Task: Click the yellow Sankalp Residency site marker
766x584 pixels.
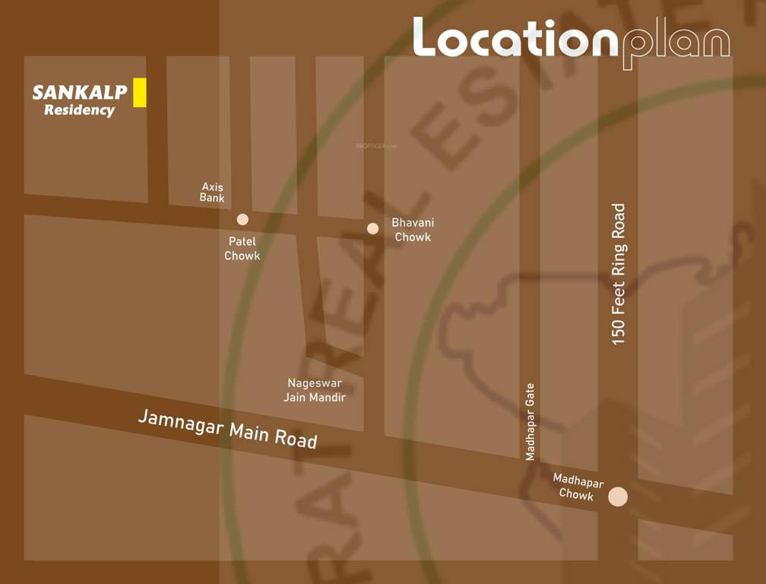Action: tap(139, 92)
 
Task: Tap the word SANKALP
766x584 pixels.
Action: tap(79, 94)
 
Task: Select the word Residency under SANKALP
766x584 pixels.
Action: tap(79, 110)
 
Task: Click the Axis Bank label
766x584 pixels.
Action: tap(212, 192)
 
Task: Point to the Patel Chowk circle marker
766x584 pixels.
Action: tap(242, 220)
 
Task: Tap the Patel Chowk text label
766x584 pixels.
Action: tap(242, 249)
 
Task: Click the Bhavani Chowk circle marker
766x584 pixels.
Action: tap(372, 228)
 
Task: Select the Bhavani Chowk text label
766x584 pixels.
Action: tap(413, 230)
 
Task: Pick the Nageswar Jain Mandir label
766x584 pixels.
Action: tap(315, 390)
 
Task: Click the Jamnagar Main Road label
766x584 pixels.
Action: tap(227, 429)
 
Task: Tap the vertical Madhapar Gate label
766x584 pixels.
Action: tap(530, 421)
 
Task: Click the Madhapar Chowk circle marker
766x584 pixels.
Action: tap(618, 497)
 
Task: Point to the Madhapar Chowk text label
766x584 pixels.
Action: tap(578, 487)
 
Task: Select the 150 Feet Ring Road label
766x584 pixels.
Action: tap(619, 275)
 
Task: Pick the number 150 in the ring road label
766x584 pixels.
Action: tap(619, 332)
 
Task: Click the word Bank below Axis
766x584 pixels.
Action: tap(212, 198)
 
